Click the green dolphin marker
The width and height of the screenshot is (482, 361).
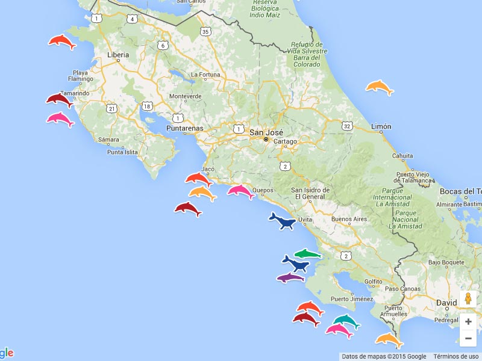[x=308, y=254]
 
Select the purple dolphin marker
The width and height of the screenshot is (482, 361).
[x=292, y=277]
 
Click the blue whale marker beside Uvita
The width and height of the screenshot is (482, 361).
[x=282, y=221]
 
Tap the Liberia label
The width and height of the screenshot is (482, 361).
[x=118, y=55]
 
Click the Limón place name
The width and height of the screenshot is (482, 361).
[x=381, y=126]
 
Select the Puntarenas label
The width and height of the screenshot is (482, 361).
[x=184, y=128]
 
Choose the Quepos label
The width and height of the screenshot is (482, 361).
[x=263, y=190]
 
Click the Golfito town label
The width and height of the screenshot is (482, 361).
[x=374, y=281]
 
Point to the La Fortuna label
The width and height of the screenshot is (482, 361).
[x=205, y=75]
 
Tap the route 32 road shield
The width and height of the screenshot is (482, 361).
[x=346, y=126]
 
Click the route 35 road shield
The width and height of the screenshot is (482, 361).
[x=205, y=32]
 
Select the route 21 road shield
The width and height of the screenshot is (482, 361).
[x=111, y=108]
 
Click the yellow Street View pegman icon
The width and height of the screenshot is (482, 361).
[x=468, y=299]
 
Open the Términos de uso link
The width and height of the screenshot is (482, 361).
[x=456, y=356]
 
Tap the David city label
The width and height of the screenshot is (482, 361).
[x=446, y=303]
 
